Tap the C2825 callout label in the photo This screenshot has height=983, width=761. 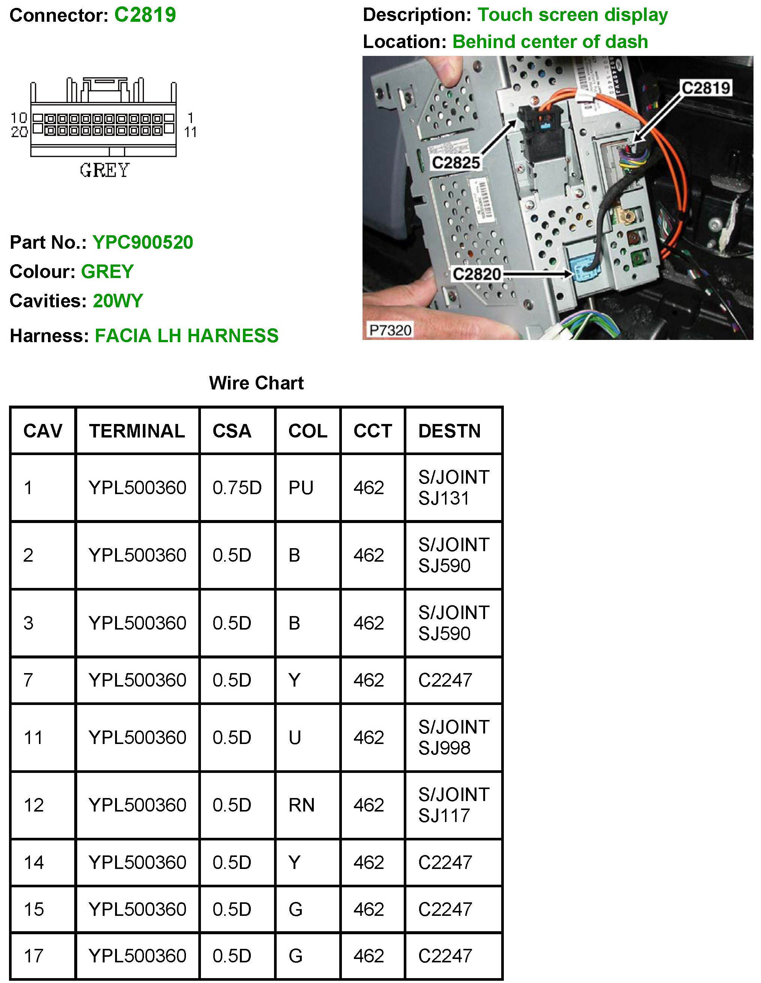(455, 162)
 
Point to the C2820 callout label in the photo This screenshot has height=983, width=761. (476, 274)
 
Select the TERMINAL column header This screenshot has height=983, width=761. (137, 431)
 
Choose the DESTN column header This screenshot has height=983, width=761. (449, 431)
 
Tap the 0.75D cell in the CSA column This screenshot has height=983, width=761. (237, 488)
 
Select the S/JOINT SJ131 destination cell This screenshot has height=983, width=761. (453, 488)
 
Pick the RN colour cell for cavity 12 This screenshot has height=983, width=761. (301, 805)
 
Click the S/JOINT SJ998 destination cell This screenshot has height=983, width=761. (453, 738)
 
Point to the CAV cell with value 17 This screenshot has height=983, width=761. (34, 956)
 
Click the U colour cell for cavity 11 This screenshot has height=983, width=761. (295, 738)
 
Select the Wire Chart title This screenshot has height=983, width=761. (256, 383)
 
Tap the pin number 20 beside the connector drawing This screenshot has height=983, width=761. (19, 132)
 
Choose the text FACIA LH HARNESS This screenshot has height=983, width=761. (187, 336)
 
